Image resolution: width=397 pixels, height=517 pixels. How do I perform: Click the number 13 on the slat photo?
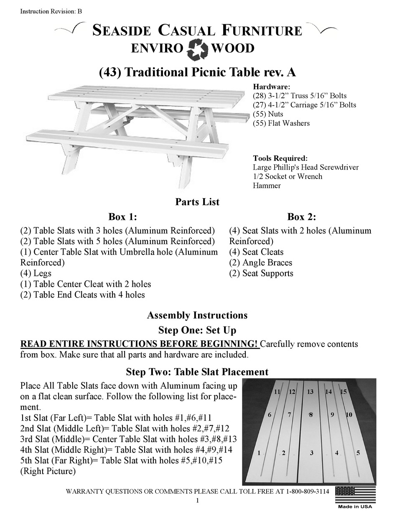(310, 392)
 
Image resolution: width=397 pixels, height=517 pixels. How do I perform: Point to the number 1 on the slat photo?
(260, 453)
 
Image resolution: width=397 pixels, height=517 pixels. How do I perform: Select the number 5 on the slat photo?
(358, 453)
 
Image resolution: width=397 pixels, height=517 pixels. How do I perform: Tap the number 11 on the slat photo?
(277, 392)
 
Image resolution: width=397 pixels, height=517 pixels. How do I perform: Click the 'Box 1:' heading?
(123, 217)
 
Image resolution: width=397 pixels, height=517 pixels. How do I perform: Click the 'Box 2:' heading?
(301, 217)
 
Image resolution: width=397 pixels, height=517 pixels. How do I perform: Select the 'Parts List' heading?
(197, 202)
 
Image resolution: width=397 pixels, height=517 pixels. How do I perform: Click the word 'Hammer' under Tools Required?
(267, 186)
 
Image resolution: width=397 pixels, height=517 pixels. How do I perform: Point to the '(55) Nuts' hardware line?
(268, 114)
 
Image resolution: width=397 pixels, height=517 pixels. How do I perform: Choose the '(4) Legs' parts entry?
(36, 273)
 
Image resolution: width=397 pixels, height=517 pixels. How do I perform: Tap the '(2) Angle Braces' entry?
(261, 263)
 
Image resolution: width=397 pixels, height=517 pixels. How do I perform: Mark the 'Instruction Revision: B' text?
(51, 11)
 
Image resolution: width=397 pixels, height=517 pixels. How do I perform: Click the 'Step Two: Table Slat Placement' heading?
(197, 372)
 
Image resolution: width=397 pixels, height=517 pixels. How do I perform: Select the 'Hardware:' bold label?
(271, 87)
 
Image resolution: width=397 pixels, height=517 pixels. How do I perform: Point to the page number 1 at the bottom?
(197, 501)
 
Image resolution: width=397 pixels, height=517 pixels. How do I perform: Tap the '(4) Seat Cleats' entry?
(256, 252)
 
